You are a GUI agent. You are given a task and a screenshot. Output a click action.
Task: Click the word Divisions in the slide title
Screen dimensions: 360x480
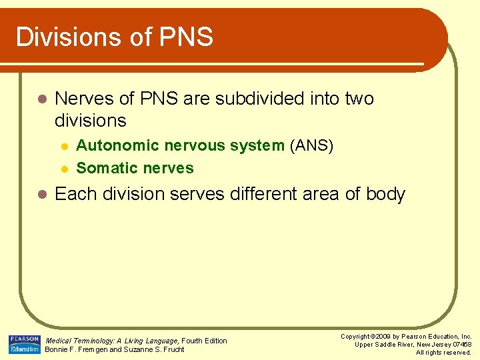[65, 37]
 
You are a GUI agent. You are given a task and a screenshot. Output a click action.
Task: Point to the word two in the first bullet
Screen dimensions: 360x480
[359, 99]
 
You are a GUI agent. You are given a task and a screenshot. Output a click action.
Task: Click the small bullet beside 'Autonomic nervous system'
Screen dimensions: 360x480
[63, 146]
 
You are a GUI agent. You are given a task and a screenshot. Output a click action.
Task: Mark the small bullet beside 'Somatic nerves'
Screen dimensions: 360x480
[63, 169]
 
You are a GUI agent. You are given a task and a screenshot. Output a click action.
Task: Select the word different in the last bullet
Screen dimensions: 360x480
[262, 194]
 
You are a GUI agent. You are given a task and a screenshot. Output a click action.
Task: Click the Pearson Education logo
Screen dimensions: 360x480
[25, 344]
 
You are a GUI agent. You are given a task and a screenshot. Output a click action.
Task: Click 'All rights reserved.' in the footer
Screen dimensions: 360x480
[443, 353]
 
